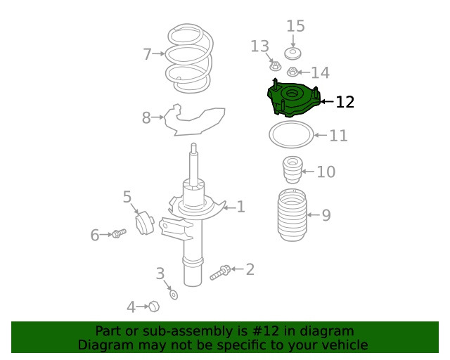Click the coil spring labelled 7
click(x=169, y=54)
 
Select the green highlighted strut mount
click(x=292, y=98)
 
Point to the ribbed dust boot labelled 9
click(x=292, y=214)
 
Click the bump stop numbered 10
click(x=292, y=169)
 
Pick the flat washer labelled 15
click(x=292, y=54)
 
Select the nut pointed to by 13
click(x=275, y=67)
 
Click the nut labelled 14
click(x=292, y=72)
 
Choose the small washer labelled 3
click(x=174, y=295)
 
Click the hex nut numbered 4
click(x=154, y=307)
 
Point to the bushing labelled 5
click(x=145, y=223)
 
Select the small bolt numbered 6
click(x=119, y=233)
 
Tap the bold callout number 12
click(x=345, y=102)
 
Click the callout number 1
click(x=240, y=207)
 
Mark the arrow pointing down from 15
click(x=292, y=41)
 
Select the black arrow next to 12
click(x=327, y=101)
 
